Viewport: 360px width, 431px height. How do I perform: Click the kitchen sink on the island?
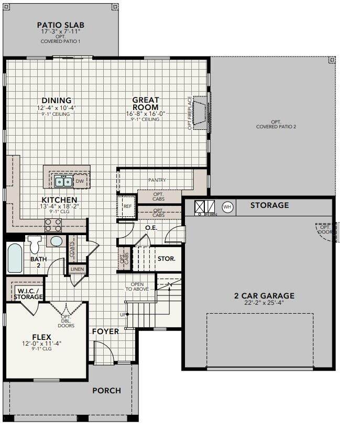pos(63,181)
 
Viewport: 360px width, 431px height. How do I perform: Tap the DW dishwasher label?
pos(80,181)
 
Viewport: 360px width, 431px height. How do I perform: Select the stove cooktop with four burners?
pos(53,225)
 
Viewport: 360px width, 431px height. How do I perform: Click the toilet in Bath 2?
pos(35,245)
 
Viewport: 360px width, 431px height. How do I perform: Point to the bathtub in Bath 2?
pos(15,259)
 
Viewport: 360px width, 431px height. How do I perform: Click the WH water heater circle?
pos(227,207)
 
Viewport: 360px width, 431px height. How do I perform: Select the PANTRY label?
pos(157,180)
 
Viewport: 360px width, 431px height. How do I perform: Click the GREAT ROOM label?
pos(146,104)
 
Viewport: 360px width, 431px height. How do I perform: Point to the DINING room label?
pos(57,101)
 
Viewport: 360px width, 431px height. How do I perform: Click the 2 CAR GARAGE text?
pos(264,296)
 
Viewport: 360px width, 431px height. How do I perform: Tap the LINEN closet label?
pos(77,269)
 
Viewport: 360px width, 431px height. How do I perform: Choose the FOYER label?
pos(106,331)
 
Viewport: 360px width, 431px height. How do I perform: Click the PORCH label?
pos(107,391)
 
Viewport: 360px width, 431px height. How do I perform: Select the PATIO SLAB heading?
pos(61,25)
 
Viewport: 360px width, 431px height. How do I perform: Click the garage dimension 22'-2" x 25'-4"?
pos(264,303)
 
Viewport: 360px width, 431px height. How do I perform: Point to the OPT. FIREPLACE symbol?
pos(201,113)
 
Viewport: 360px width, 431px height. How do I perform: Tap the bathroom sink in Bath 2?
pos(56,241)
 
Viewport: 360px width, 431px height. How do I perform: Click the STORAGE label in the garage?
pos(269,205)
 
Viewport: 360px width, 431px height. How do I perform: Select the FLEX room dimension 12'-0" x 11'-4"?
pos(41,344)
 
